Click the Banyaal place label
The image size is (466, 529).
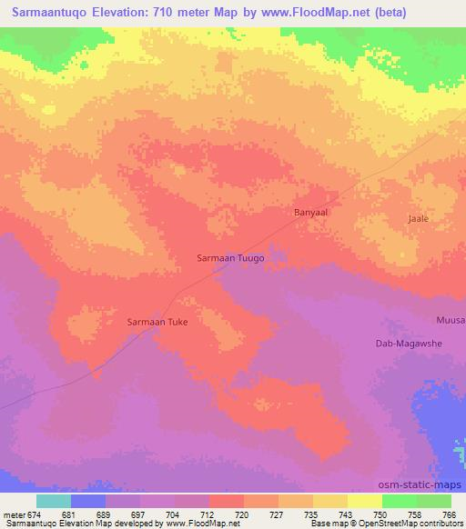tap(310, 212)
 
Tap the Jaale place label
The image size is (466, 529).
tap(418, 219)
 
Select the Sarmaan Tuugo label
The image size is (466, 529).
tap(231, 258)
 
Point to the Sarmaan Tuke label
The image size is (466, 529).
tap(157, 322)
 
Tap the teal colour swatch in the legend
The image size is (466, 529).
tap(54, 501)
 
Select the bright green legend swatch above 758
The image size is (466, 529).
tap(400, 501)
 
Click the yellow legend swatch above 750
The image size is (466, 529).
tap(365, 501)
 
